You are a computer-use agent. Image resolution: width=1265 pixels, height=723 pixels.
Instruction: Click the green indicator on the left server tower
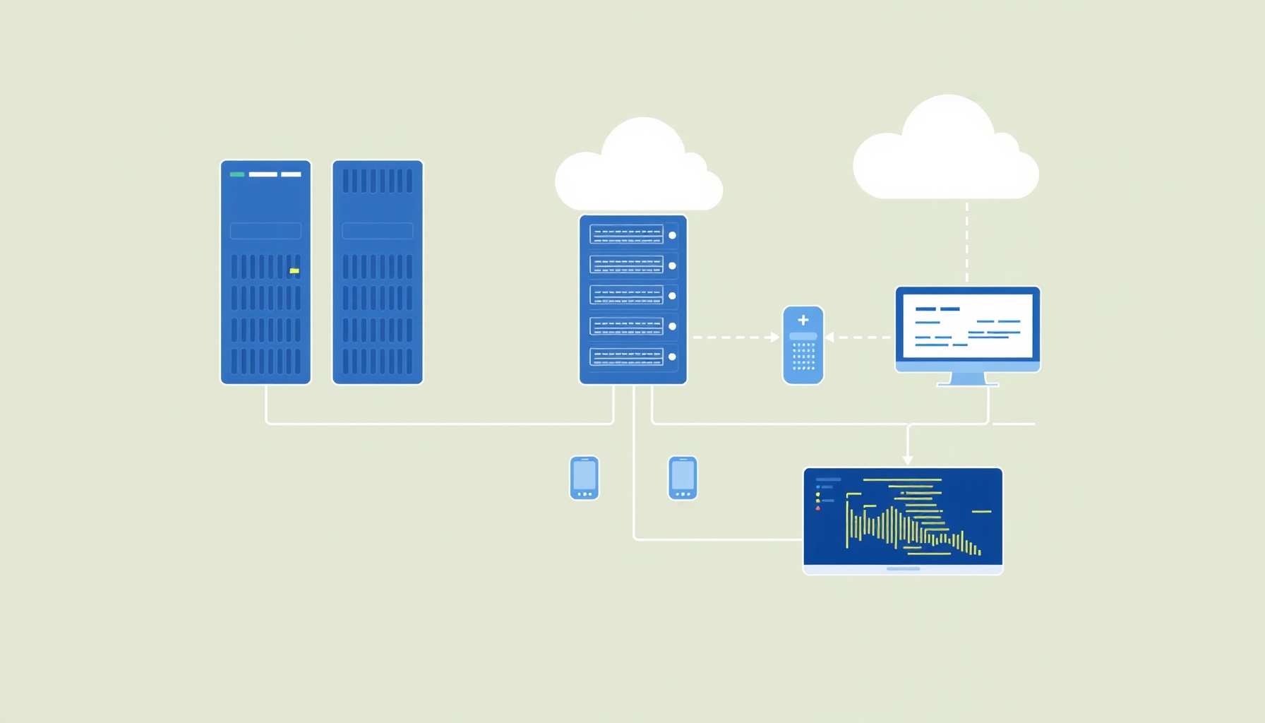tap(237, 174)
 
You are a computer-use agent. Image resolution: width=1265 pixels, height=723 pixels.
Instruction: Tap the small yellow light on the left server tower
tap(294, 270)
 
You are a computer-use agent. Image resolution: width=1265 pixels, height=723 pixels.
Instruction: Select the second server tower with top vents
tap(378, 272)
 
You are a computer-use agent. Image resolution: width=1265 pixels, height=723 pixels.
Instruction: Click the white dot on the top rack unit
tap(672, 235)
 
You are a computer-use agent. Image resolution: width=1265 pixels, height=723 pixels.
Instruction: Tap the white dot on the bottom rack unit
tap(672, 357)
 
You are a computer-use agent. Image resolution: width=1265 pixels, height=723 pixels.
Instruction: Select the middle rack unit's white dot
tap(672, 296)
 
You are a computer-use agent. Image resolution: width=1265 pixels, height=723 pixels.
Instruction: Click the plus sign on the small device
tap(803, 320)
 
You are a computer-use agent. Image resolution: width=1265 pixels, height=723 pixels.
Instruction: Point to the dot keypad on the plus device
tap(803, 357)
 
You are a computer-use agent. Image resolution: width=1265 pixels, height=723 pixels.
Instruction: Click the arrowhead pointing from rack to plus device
tap(774, 337)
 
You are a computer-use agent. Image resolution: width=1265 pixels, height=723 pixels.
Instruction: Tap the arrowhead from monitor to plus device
tap(829, 337)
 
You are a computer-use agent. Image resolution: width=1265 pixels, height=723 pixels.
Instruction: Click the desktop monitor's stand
tap(968, 380)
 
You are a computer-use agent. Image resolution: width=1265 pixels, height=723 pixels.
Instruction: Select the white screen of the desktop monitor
tap(967, 325)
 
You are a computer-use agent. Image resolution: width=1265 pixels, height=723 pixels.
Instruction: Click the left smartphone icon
tap(584, 478)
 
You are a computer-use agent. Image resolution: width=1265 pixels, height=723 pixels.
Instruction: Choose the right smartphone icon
tap(683, 478)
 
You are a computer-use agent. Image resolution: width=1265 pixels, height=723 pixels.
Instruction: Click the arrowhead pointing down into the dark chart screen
tap(908, 460)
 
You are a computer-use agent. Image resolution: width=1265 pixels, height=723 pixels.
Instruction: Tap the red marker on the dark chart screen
tap(818, 508)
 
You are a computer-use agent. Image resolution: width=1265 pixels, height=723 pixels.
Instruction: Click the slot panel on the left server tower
tap(265, 231)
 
